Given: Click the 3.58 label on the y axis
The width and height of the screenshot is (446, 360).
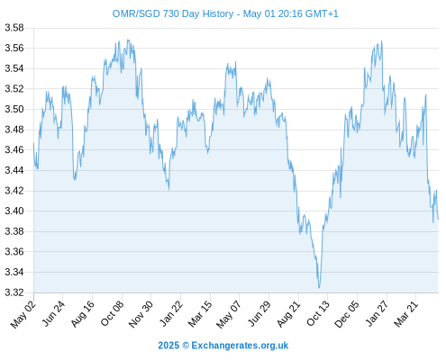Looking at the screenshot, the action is click(x=14, y=28).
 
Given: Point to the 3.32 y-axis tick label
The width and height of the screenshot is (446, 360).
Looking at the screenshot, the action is click(x=14, y=292).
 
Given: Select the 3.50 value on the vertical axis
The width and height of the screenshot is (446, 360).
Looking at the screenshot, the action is click(x=14, y=109).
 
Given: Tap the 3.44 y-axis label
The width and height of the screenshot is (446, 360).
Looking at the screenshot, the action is click(x=14, y=170).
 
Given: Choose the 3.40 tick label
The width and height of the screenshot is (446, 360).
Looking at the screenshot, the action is click(x=14, y=211).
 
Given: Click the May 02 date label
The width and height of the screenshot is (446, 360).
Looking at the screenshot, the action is click(x=23, y=314).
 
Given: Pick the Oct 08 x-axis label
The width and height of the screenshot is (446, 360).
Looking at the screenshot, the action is click(x=112, y=313).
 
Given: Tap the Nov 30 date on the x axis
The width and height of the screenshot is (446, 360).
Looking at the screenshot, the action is click(x=141, y=314).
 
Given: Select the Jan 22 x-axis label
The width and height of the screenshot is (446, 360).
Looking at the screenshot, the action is click(x=171, y=313).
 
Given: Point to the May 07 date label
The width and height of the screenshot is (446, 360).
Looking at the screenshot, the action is click(x=229, y=314).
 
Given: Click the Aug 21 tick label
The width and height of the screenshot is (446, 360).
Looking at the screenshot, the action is click(x=288, y=313).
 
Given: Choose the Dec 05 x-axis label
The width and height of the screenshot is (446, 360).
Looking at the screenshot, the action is click(x=347, y=314).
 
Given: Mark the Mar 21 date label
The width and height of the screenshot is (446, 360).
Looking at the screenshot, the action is click(x=406, y=313).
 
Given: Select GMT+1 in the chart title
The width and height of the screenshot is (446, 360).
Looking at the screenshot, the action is click(x=322, y=13).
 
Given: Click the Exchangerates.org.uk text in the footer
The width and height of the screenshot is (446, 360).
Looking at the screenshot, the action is click(x=240, y=346).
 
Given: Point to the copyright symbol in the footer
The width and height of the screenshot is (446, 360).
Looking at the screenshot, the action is click(x=186, y=346).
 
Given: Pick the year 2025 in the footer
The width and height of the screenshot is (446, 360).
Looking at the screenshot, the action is click(x=168, y=346).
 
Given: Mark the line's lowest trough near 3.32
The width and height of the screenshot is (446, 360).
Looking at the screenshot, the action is click(x=319, y=288).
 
